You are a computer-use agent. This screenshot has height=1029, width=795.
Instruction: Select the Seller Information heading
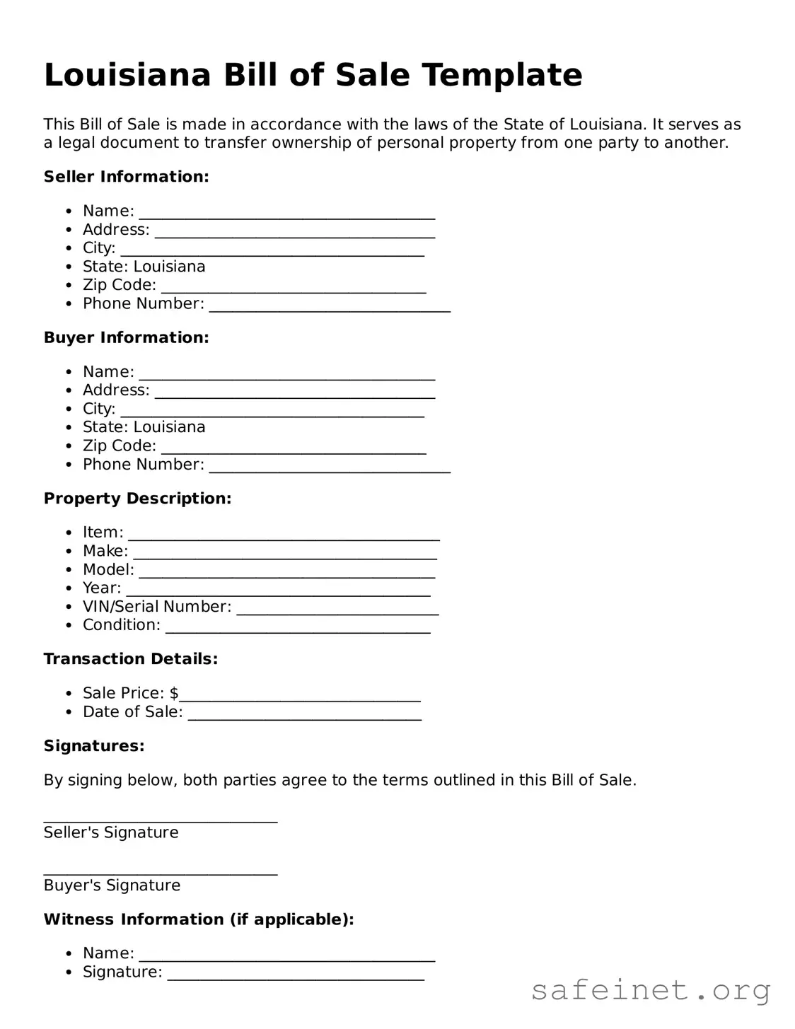point(126,177)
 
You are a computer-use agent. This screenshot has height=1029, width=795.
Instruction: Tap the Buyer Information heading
point(126,337)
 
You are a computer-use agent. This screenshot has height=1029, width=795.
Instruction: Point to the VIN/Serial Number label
point(157,607)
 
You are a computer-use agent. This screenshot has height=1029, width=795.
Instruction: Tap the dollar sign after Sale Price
point(174,693)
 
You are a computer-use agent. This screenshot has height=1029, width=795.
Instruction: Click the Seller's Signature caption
point(111,832)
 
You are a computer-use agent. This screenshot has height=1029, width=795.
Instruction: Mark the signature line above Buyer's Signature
point(161,874)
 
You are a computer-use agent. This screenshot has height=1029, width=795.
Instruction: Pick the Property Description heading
point(137,499)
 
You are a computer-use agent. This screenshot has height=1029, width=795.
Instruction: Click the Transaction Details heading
point(131,659)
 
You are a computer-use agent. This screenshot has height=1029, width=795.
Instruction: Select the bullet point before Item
point(69,533)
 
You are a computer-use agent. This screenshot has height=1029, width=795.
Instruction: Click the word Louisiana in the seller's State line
point(169,267)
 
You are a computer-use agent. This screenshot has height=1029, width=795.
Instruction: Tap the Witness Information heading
point(199,919)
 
